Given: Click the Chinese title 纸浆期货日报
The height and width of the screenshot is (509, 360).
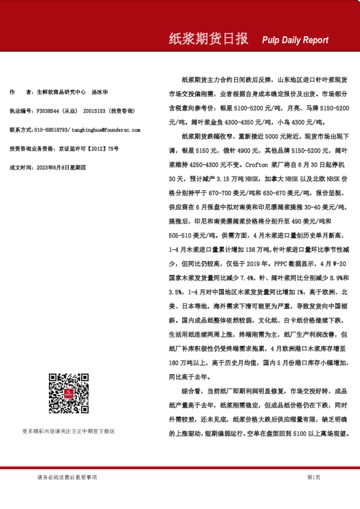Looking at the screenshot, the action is [x=208, y=39].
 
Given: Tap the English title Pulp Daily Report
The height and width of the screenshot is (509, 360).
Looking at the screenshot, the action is [x=295, y=41].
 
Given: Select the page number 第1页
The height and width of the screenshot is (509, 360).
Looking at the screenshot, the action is [x=313, y=478].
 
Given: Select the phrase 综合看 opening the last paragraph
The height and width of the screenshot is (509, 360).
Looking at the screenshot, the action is [x=191, y=391].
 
